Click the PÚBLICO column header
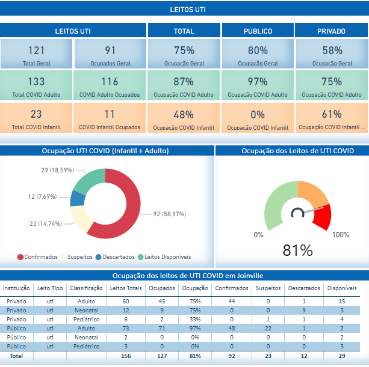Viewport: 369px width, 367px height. coord(258,31)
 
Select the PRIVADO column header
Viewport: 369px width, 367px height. coord(331,31)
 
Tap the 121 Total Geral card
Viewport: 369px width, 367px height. coord(36,55)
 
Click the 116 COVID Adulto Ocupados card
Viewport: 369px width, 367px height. coord(110,85)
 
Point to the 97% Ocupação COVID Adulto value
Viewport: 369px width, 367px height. coord(258,82)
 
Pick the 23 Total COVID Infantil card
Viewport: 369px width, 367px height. coord(36,118)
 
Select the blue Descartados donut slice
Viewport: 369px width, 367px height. coord(78,199)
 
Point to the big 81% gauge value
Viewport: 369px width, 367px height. coord(297,250)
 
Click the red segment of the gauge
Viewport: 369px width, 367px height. coord(320,218)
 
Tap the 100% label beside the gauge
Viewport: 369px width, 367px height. coord(341,234)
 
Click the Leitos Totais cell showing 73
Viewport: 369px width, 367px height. coord(126,329)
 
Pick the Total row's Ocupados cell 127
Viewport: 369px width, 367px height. coord(162,356)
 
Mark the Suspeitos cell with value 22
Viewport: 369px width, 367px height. coord(267,329)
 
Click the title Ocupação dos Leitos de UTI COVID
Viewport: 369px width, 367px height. coord(293,150)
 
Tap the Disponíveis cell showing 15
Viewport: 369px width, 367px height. coord(341,301)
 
